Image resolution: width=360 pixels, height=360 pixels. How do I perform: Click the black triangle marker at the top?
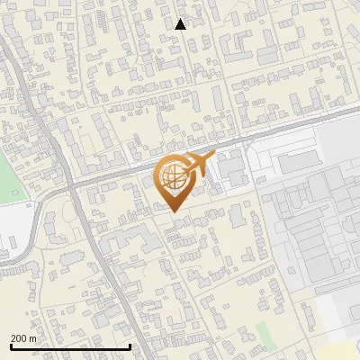click(180, 24)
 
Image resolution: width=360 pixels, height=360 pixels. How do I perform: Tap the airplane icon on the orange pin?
click(196, 165)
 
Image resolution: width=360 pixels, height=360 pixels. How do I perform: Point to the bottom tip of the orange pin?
click(173, 211)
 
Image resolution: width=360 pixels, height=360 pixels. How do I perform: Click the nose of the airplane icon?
click(213, 157)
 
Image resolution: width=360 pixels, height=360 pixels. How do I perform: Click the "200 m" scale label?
click(24, 338)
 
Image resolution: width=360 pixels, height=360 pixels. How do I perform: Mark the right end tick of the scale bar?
click(130, 345)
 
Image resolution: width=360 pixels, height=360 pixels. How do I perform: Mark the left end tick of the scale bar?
click(10, 345)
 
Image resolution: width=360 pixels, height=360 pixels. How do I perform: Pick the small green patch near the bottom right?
click(262, 329)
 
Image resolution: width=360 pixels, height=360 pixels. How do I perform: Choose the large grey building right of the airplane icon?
click(232, 166)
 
